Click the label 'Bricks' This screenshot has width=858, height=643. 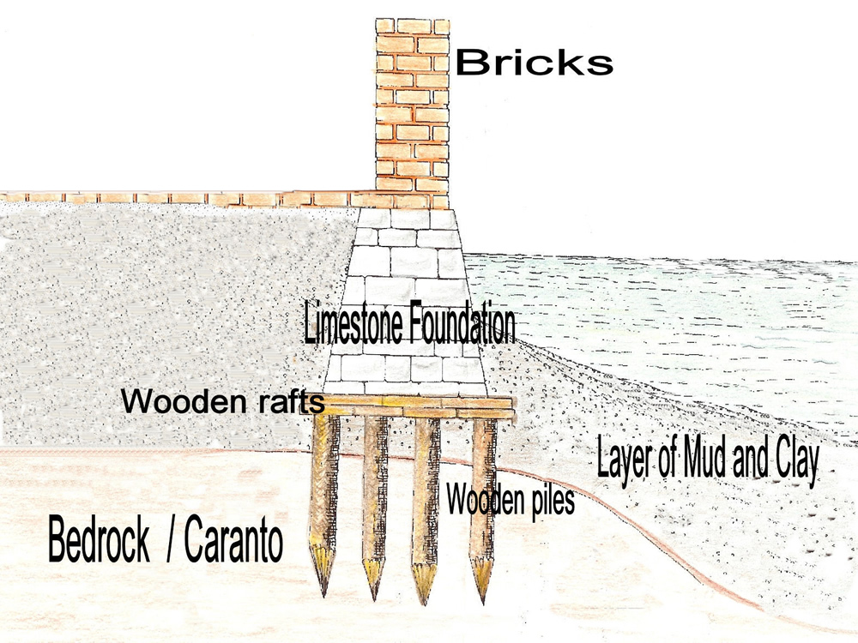pyautogui.click(x=534, y=62)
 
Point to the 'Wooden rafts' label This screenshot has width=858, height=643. pyautogui.click(x=222, y=400)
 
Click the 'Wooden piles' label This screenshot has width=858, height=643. pyautogui.click(x=510, y=498)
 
